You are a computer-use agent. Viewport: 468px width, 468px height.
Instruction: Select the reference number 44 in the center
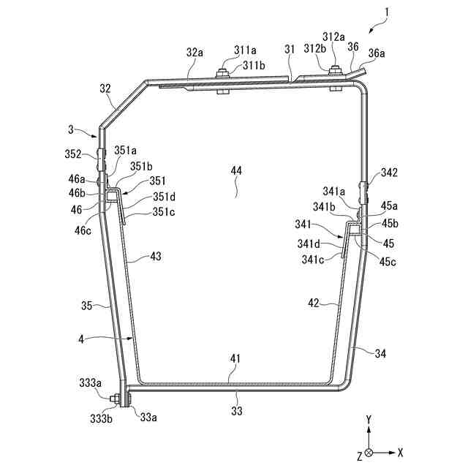236,170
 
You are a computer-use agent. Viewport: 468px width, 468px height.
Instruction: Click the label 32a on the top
195,53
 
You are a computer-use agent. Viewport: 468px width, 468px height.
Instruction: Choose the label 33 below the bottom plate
236,411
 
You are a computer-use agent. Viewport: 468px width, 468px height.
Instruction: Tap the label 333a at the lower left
91,382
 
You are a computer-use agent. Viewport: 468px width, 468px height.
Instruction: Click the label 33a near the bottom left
148,418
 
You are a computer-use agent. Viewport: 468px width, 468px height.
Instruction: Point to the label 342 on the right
389,173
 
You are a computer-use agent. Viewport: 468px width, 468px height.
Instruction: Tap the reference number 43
156,257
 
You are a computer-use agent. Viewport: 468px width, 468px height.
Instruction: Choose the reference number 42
312,301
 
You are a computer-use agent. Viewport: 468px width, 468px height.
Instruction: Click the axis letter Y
370,420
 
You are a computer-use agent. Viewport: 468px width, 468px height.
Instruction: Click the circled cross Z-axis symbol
370,453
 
